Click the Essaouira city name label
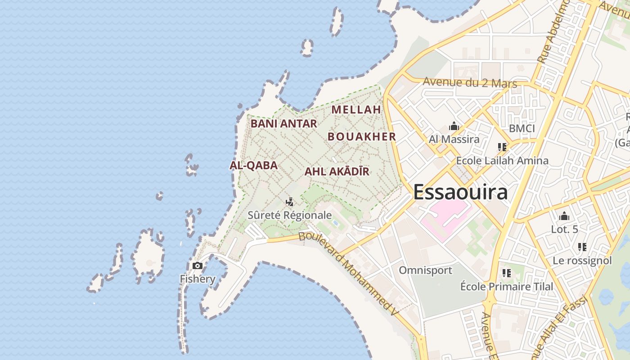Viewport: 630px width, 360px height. [460, 192]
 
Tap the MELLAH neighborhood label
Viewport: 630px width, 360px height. [356, 109]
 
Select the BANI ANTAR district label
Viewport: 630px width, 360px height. [283, 123]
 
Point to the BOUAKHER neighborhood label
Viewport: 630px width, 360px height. [362, 137]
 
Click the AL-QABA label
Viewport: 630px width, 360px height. [253, 165]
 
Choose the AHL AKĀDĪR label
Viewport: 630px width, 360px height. [337, 171]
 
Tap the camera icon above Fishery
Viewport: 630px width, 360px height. [197, 266]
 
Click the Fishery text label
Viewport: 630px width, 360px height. [198, 279]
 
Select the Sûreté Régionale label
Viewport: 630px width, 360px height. [290, 215]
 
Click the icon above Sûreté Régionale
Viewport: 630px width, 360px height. [290, 202]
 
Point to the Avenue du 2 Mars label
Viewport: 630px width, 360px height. [470, 82]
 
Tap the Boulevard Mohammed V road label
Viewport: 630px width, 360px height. [349, 273]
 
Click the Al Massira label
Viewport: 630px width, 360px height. [454, 139]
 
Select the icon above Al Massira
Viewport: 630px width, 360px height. [454, 126]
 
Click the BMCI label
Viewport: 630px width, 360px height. [522, 129]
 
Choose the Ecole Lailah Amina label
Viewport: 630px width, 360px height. [502, 161]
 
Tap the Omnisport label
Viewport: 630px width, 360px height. [425, 270]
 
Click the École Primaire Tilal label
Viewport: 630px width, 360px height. [507, 286]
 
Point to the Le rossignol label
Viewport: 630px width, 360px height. [582, 261]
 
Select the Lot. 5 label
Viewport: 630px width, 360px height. [564, 229]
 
